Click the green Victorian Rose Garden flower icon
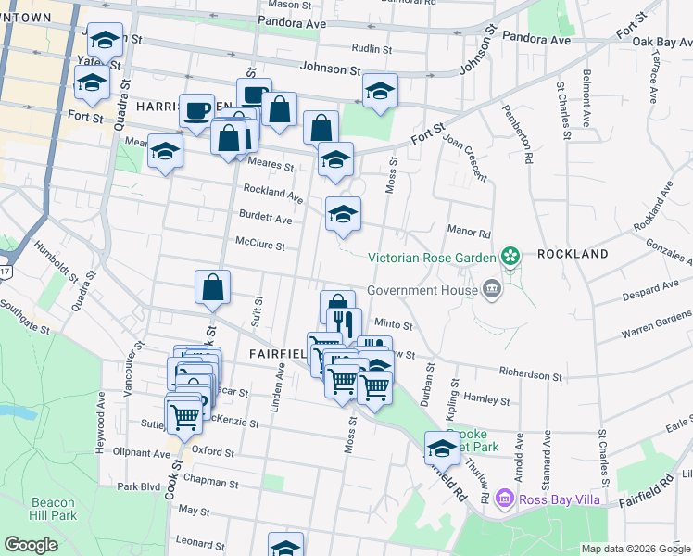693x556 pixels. point(509,255)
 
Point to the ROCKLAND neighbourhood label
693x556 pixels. point(572,254)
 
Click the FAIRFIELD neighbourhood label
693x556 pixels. point(279,354)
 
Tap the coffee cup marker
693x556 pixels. point(196,111)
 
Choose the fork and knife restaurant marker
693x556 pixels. point(343,323)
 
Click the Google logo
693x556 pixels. point(31,545)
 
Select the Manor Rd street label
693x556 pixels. point(468,236)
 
